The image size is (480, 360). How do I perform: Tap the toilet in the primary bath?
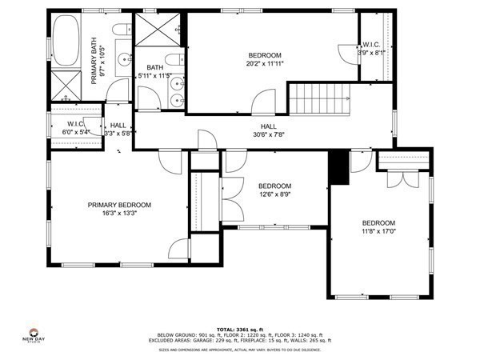pos(120,32)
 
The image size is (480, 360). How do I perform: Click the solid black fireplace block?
pos(338,166)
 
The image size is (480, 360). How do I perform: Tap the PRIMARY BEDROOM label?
pos(119,205)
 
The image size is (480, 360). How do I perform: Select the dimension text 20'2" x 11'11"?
pos(266,62)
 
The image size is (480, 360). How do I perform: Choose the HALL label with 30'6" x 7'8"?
pos(269,135)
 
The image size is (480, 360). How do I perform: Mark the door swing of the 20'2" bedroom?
pos(258,100)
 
